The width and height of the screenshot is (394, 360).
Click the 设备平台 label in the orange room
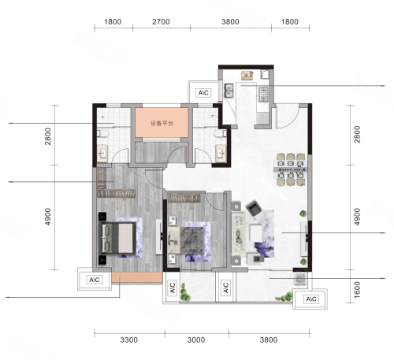coord(162,123)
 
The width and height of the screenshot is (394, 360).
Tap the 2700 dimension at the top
coord(161,22)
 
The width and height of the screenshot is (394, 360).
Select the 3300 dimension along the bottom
coord(129,340)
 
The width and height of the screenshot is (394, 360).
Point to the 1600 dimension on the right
coord(357,290)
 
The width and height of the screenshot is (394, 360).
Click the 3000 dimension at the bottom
coord(196,340)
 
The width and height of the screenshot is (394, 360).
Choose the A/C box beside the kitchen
coord(203,93)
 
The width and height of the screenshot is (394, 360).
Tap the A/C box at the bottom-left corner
coord(95,280)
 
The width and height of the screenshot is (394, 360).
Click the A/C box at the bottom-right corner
coord(311,299)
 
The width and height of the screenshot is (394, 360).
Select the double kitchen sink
coord(229,91)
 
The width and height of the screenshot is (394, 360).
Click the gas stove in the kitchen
coord(263,95)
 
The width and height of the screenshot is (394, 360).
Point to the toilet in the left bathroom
coord(103,134)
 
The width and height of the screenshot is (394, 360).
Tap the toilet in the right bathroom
coord(221,134)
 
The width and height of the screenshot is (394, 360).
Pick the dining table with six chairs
coord(291,169)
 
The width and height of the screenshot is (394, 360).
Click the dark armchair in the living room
coord(254,208)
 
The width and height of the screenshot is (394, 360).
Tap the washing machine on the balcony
coord(299,280)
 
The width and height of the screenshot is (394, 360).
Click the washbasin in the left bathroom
coord(102,154)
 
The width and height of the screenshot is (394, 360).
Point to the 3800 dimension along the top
coord(230,22)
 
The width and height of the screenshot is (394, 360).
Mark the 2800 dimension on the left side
coord(47,136)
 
